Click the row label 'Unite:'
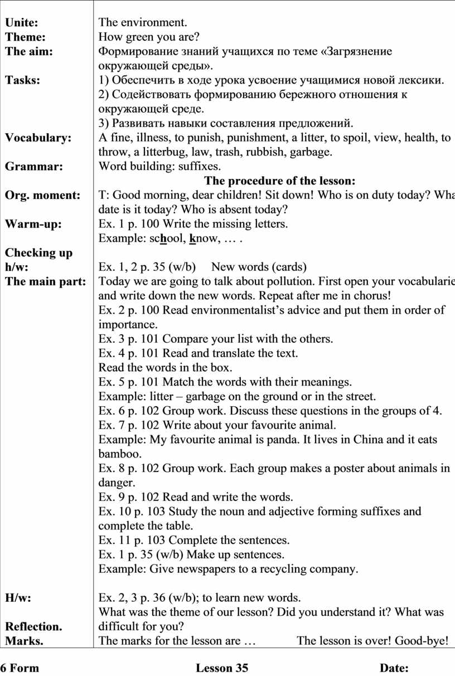coord(22,23)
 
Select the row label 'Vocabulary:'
coord(38,138)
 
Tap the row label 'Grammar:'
coord(33,166)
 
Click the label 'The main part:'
coord(45,281)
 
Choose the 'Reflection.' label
coord(33,626)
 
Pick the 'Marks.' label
coord(24,641)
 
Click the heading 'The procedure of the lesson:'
coord(280,181)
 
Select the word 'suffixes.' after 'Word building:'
coord(199,166)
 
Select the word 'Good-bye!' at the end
coord(421,641)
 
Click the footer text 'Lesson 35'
coord(222,668)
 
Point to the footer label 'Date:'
coord(394,668)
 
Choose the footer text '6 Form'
coord(20,668)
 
